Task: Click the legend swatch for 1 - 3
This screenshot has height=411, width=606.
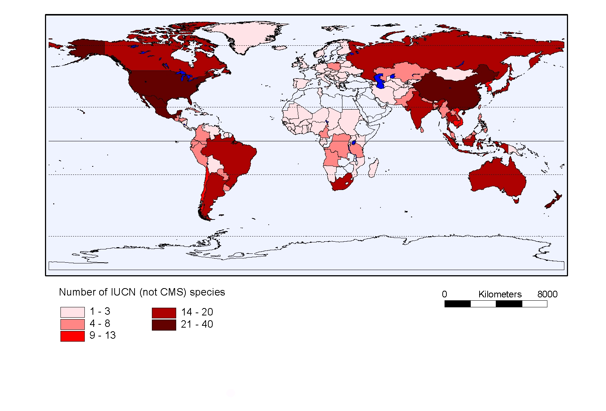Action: [72, 312]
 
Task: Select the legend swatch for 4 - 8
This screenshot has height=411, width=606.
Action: [72, 324]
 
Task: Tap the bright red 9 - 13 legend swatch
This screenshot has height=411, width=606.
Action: [72, 336]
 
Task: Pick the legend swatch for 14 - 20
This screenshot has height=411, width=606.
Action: [164, 313]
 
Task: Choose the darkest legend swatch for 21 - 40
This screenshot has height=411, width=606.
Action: [164, 325]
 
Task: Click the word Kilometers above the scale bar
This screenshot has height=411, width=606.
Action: [500, 294]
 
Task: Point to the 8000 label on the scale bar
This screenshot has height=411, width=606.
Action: [547, 294]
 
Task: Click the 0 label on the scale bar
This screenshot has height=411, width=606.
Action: [445, 294]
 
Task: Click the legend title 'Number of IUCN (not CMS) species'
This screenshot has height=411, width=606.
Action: [142, 292]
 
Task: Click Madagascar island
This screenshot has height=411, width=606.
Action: [373, 168]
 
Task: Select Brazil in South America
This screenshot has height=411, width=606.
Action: [229, 155]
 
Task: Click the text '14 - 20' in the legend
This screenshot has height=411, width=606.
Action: [197, 312]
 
